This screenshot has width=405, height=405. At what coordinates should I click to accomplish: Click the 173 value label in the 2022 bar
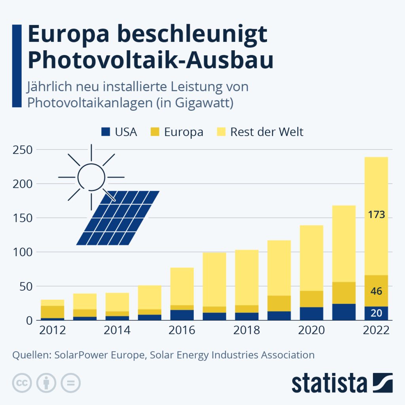coord(376,216)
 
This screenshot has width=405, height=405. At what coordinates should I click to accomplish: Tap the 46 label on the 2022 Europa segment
coord(376,291)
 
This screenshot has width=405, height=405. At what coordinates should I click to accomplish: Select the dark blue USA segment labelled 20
coord(376,313)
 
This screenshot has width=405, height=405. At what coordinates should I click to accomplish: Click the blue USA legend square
coord(106,132)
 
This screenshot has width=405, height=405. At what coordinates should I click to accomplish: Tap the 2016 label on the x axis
coord(182,330)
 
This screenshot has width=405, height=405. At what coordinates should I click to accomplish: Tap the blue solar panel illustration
coord(118,218)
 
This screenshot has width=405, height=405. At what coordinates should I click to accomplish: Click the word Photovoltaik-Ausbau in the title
coord(151,60)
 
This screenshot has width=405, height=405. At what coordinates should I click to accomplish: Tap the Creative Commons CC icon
coord(23,383)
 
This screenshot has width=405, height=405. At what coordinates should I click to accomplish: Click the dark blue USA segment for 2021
coord(344,312)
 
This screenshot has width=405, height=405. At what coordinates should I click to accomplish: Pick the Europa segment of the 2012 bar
coord(52,312)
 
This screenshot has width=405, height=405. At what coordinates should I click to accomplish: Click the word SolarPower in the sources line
coord(81,355)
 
